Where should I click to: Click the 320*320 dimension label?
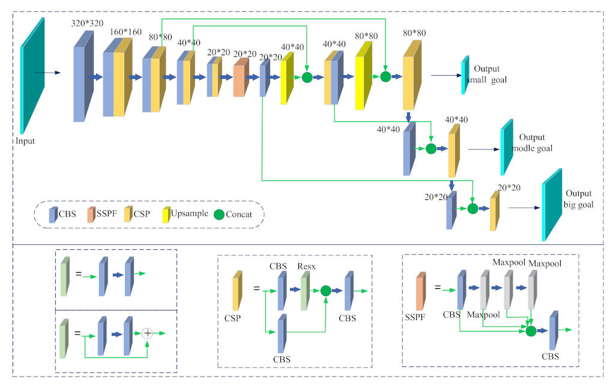pos(86,23)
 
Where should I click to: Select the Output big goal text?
pos(578,199)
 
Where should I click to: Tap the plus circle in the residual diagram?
pos(148,333)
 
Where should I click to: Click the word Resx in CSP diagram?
pos(307,265)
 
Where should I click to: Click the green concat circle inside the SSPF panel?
pos(531,331)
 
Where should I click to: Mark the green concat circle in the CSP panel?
pos(325,291)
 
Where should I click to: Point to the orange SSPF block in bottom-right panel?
pos(421,290)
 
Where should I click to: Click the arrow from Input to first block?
pos(48,73)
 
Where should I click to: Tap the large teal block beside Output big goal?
pos(552,204)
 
